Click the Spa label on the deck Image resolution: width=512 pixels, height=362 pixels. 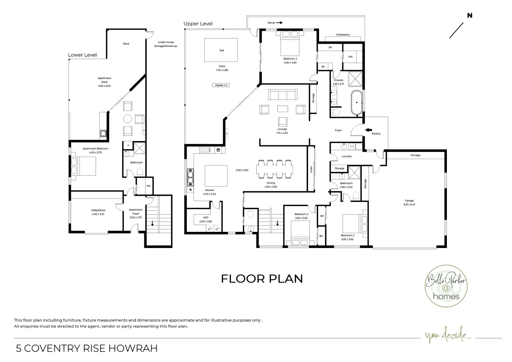click(x=221, y=50)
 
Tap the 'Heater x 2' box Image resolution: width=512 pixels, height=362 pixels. click(x=221, y=85)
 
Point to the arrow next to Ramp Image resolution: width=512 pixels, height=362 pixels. click(x=279, y=23)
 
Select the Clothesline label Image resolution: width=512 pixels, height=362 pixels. click(x=343, y=35)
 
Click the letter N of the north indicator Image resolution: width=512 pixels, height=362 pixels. click(x=470, y=15)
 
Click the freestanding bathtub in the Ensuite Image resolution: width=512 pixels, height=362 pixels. click(x=357, y=102)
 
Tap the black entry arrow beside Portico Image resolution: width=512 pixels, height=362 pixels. click(x=368, y=130)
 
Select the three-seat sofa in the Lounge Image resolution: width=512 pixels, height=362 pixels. click(x=283, y=95)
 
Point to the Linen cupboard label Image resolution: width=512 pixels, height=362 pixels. click(x=311, y=169)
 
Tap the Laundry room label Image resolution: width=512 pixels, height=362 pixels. click(x=347, y=156)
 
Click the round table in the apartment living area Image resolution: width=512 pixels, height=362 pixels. click(x=127, y=119)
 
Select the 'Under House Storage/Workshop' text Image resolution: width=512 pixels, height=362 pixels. click(x=166, y=44)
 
